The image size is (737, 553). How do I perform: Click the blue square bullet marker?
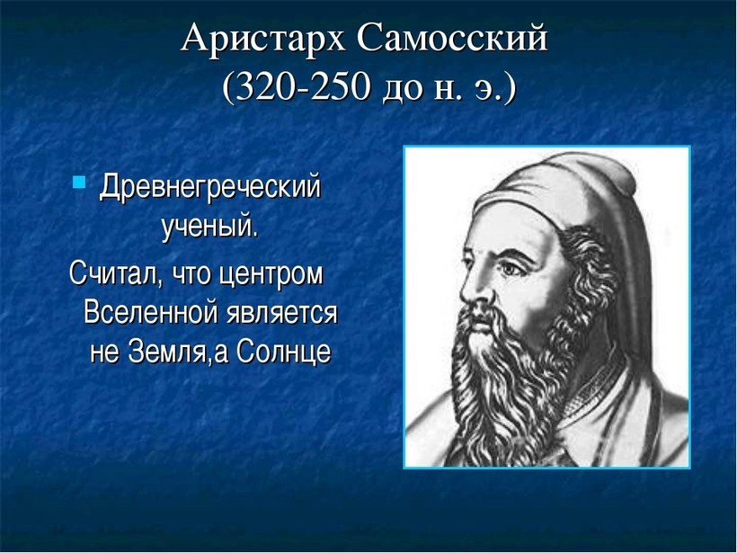pyautogui.click(x=79, y=182)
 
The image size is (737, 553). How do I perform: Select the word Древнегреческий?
pyautogui.click(x=210, y=188)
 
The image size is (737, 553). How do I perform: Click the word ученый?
pyautogui.click(x=210, y=227)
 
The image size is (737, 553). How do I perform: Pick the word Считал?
pyautogui.click(x=116, y=273)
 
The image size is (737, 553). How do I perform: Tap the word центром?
pyautogui.click(x=271, y=274)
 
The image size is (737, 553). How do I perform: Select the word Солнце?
pyautogui.click(x=283, y=351)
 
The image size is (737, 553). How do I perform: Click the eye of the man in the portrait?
pyautogui.click(x=510, y=269)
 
